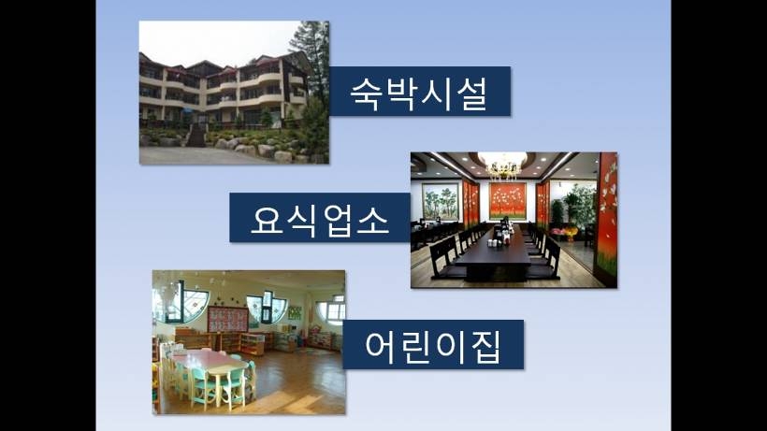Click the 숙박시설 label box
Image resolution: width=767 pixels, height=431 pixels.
tap(420, 92)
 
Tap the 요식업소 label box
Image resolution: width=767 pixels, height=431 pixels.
tap(320, 218)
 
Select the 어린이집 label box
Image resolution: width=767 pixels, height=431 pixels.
tap(433, 344)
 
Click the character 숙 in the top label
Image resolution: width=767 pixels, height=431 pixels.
tap(367, 93)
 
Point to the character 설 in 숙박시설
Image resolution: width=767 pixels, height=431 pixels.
tap(471, 93)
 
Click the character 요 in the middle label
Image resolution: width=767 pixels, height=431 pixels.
tap(268, 220)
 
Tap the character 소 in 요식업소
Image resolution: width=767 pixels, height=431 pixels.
tap(372, 220)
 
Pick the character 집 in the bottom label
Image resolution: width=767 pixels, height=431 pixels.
tap(485, 347)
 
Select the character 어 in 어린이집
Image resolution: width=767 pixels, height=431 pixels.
tap(382, 346)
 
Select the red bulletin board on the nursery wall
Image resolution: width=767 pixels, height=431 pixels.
tap(228, 320)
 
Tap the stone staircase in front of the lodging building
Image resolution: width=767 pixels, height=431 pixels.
tap(196, 136)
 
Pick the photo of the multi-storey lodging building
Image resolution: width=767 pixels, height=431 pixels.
tap(234, 93)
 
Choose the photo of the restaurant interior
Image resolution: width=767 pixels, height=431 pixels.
tap(514, 220)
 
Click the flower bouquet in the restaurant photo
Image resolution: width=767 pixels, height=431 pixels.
tap(570, 232)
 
